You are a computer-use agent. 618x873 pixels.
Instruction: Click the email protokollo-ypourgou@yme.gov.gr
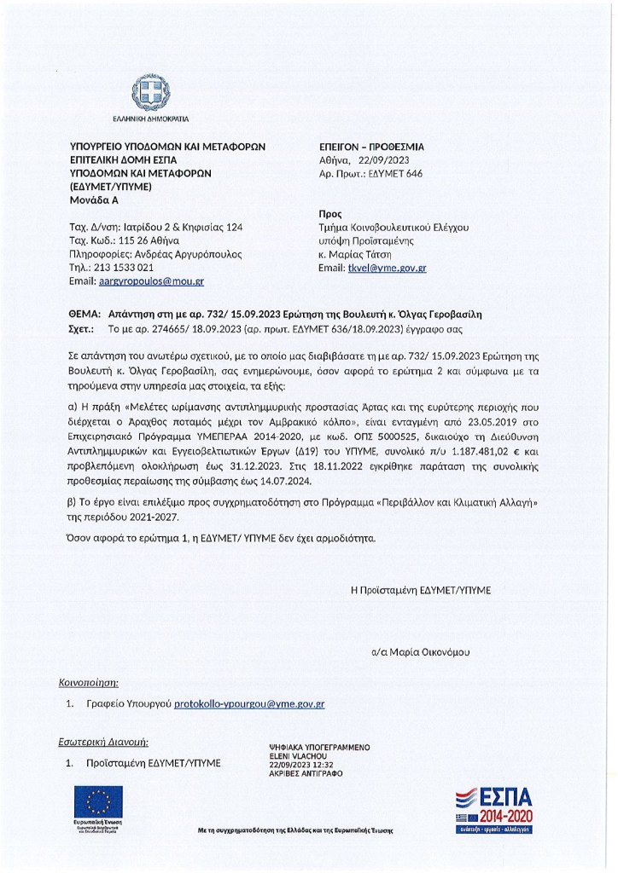tap(249, 704)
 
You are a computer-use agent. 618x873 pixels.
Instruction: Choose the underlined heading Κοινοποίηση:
tap(88, 683)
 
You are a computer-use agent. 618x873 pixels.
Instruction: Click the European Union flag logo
tap(98, 802)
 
